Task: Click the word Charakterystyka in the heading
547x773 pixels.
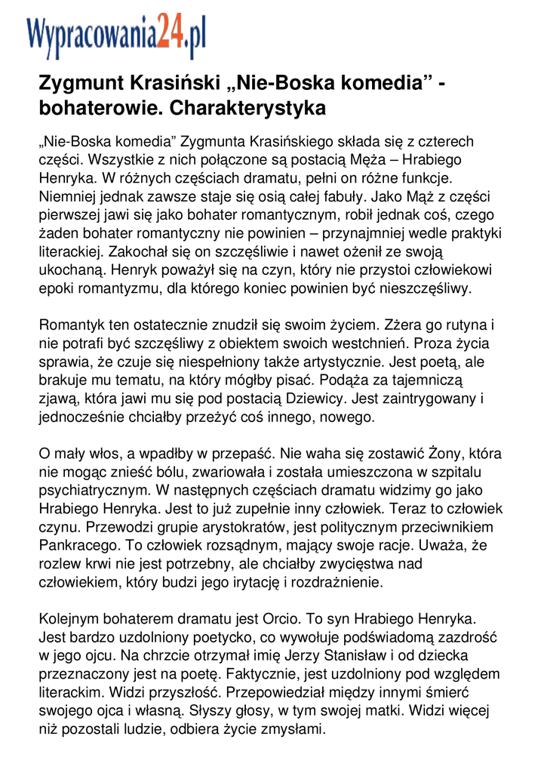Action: (x=248, y=108)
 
